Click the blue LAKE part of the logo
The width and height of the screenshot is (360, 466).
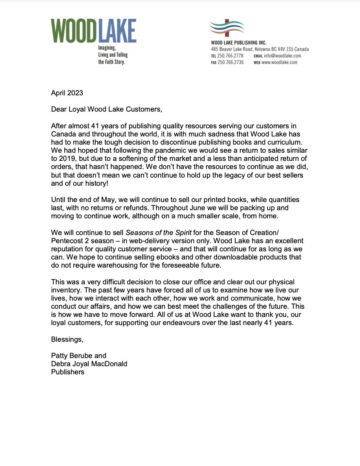(x=117, y=31)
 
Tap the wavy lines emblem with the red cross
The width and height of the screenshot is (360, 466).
(x=226, y=28)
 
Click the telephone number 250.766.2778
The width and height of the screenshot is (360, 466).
(x=230, y=56)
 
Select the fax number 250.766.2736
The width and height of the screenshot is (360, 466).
(x=230, y=62)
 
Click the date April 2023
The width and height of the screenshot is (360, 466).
(x=67, y=93)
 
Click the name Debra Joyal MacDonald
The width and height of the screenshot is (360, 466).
(x=89, y=363)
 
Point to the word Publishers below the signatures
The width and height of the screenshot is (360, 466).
(x=68, y=371)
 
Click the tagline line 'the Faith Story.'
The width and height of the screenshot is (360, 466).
(x=112, y=62)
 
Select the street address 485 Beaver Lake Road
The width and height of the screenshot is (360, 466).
(x=231, y=49)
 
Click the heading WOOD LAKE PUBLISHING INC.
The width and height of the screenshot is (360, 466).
(x=239, y=42)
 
